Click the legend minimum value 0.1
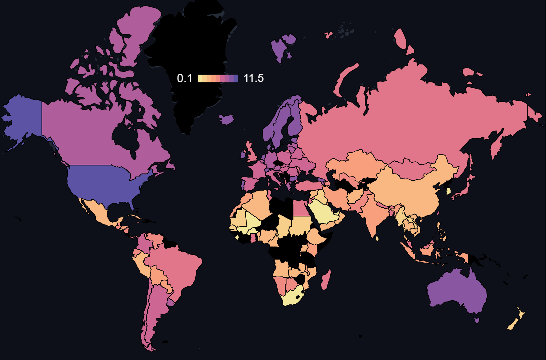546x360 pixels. click(184, 78)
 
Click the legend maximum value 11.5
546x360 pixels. click(254, 78)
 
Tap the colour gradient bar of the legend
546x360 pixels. click(218, 78)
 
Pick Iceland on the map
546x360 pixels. click(227, 119)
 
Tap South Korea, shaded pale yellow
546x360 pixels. click(448, 191)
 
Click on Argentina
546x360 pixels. click(155, 311)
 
